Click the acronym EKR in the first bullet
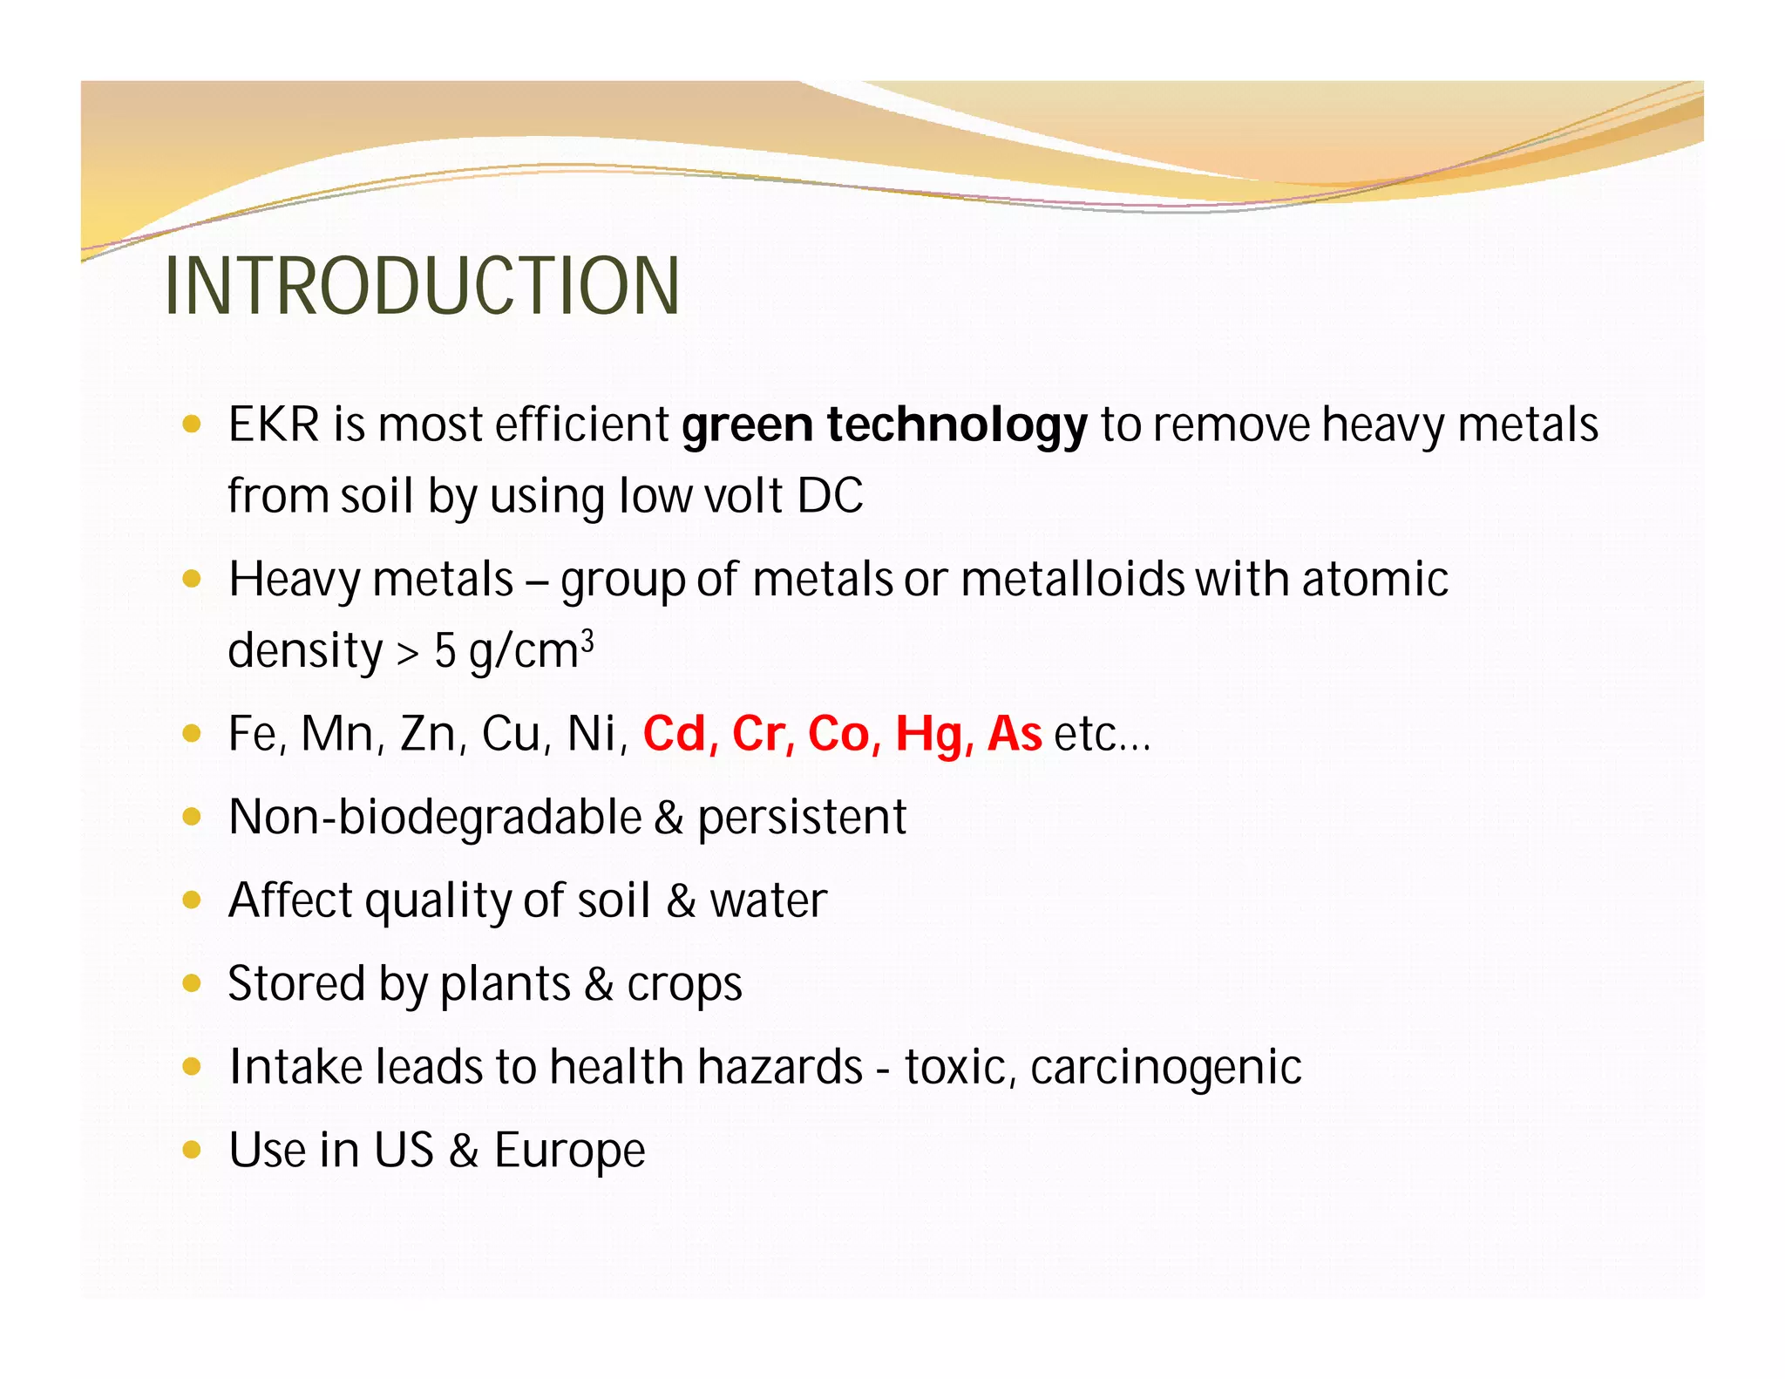coord(274,425)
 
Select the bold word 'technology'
coord(957,425)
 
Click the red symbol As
coord(1014,734)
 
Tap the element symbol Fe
coord(253,734)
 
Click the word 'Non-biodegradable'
coord(435,818)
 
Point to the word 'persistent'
coord(802,819)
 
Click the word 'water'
coord(768,901)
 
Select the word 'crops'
coord(684,986)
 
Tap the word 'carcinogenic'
coord(1165,1069)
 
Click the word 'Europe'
coord(569,1151)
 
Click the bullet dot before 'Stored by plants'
coord(192,983)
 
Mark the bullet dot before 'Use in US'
coord(192,1150)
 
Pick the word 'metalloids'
coord(1072,580)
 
